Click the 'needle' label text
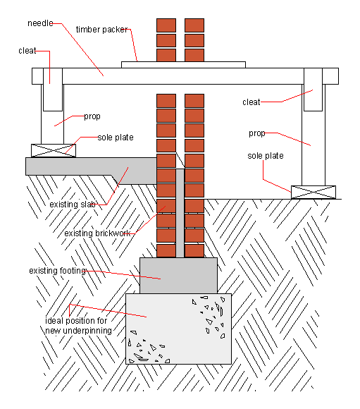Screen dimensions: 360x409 tap(40, 23)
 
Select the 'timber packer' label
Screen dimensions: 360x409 tap(102, 30)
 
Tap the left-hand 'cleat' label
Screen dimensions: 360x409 tap(27, 51)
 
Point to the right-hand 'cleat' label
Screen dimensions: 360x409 tap(252, 102)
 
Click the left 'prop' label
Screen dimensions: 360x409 tap(92, 116)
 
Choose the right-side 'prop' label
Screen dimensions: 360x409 tap(256, 133)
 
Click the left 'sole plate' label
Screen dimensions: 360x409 tap(116, 138)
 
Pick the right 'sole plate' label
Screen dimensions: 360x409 tap(266, 156)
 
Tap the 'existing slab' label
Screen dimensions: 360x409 tap(73, 204)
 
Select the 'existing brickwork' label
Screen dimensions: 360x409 tap(97, 233)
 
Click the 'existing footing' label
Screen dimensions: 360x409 tap(57, 271)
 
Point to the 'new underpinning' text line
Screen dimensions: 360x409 tap(78, 331)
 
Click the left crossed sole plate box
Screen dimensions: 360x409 tap(54, 150)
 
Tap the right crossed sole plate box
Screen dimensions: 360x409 tap(314, 193)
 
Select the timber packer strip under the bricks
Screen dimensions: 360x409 tap(183, 65)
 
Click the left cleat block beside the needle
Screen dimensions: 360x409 tap(53, 90)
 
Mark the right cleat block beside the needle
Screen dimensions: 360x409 tap(313, 90)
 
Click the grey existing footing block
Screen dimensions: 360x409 tap(178, 276)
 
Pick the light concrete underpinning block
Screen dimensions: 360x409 tap(178, 329)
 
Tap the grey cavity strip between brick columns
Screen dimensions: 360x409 tap(180, 213)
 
